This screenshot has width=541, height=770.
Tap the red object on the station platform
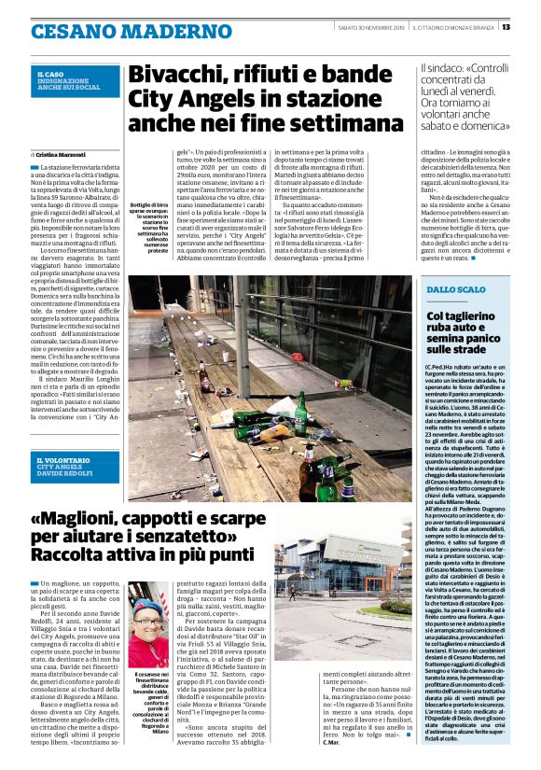click(344, 384)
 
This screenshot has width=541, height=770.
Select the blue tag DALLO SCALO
click(457, 290)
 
